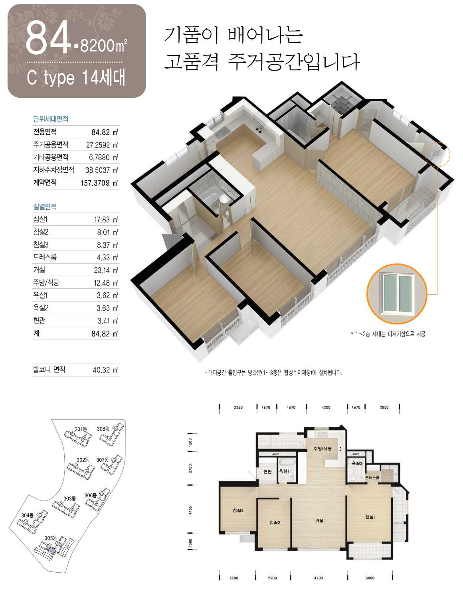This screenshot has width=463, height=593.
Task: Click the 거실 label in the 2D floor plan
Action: coord(319,520)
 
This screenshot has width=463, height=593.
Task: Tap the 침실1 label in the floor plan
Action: coord(370,517)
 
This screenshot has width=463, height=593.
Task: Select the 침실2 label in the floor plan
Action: coord(275,522)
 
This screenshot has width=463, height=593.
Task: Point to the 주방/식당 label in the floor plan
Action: coord(323,448)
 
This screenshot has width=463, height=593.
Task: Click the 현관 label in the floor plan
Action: coord(267,471)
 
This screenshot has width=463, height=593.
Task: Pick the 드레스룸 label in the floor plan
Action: coord(372,478)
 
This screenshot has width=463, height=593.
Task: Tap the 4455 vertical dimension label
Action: coord(190,510)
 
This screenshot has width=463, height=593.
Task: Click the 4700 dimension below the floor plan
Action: coord(319,578)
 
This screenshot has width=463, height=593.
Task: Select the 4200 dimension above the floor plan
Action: coord(326,407)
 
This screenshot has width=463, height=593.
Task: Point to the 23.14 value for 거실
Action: coord(102,270)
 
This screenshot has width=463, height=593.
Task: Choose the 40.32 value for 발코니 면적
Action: coord(101,370)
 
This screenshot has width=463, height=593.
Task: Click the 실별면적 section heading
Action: coord(45,206)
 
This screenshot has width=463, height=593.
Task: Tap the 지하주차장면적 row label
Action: coord(53,169)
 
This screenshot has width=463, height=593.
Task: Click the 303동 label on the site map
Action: coord(69,498)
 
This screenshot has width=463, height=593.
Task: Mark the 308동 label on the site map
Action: coord(103,429)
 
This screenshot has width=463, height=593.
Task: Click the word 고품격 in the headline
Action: coord(191,62)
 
